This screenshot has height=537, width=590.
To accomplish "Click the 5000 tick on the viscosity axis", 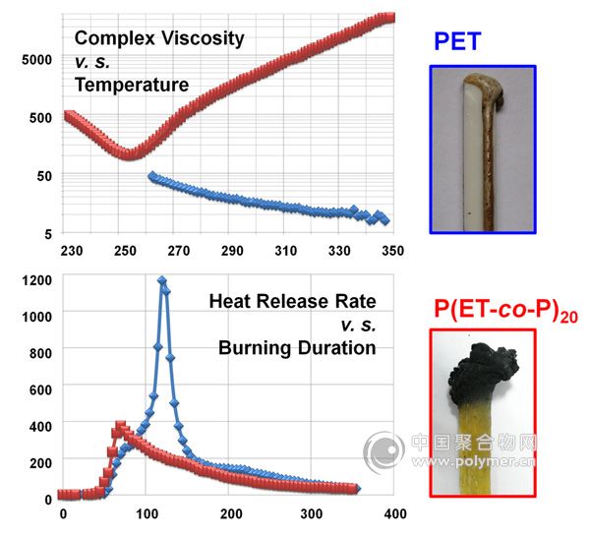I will [x=35, y=60].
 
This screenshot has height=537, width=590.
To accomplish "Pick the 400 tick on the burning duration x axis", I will [x=394, y=513].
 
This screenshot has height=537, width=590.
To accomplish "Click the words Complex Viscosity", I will [x=159, y=38].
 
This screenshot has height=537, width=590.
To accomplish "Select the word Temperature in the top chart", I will [x=131, y=86].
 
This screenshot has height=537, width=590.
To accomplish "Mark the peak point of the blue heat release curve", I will [x=162, y=281].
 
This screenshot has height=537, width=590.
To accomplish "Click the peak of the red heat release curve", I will [x=120, y=426].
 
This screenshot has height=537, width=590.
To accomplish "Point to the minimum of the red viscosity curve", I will [x=130, y=153].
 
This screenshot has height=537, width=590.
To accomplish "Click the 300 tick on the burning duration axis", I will [x=312, y=513].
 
